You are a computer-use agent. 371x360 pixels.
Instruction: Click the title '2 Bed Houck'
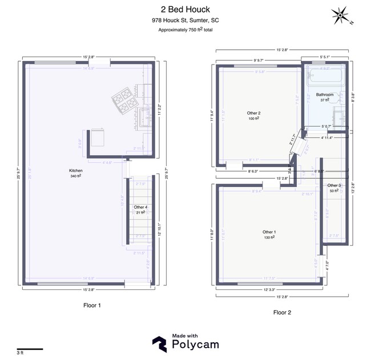point(185,9)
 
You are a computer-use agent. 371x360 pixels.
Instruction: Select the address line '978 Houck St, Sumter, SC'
point(185,20)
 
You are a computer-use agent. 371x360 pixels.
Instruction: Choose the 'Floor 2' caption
point(283,312)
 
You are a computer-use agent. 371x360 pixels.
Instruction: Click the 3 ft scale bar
point(30,349)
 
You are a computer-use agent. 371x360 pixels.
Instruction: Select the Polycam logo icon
point(159,343)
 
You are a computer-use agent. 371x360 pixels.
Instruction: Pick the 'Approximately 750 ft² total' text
point(185,30)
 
